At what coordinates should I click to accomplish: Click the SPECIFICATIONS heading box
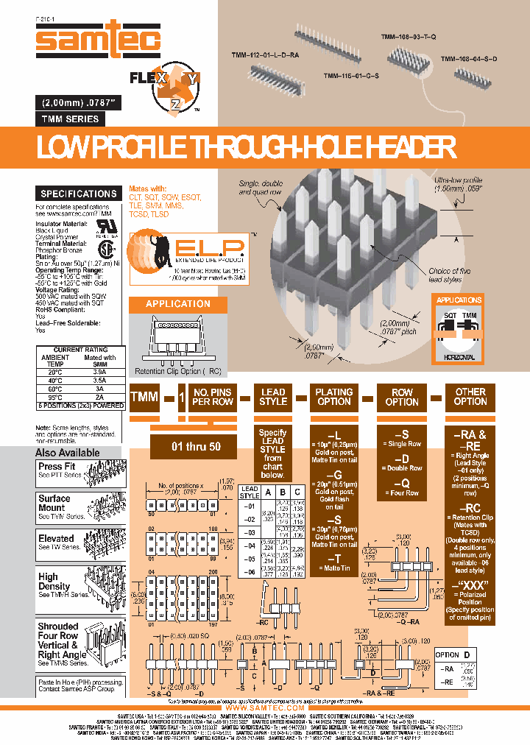(x=78, y=194)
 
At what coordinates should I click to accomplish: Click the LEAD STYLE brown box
(x=273, y=397)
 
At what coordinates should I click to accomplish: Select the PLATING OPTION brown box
(x=333, y=397)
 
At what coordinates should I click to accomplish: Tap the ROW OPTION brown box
(x=402, y=397)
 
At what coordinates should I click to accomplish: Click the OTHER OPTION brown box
(x=470, y=397)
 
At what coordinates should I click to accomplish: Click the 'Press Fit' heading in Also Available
(x=57, y=466)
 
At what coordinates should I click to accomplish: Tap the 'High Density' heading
(x=49, y=582)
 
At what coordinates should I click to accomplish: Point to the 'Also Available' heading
(x=67, y=453)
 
